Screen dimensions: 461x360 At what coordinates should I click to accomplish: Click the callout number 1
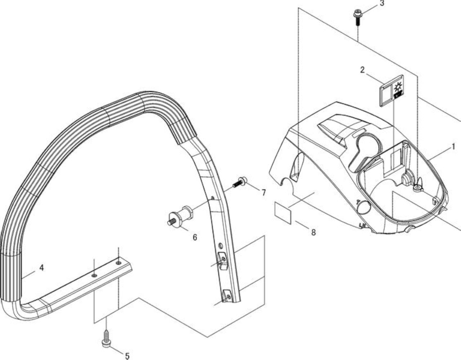[453, 147]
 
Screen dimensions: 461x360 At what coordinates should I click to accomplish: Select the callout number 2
[362, 70]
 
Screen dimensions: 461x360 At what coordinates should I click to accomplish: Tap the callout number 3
[382, 4]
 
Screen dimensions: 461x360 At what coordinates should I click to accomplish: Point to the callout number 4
[41, 268]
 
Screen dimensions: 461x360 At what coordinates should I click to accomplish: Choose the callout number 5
[127, 356]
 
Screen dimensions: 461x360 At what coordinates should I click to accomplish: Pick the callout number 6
[194, 237]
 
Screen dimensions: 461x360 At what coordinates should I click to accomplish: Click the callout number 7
[263, 193]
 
